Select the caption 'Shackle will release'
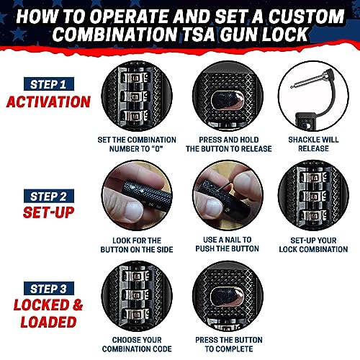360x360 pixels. (x=312, y=143)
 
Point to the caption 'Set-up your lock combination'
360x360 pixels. (x=312, y=244)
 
